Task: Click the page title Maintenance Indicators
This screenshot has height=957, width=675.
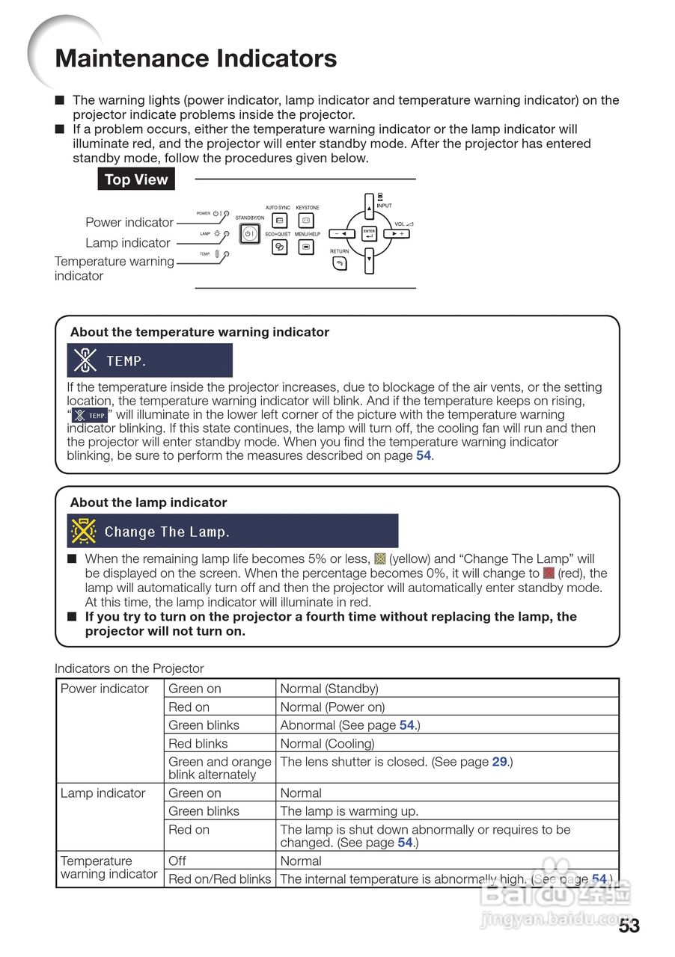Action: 196,59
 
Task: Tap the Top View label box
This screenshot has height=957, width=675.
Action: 136,179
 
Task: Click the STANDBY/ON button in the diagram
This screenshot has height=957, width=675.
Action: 249,234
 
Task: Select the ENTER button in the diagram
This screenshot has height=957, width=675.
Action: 369,234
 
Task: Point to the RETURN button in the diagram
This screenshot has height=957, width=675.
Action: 340,263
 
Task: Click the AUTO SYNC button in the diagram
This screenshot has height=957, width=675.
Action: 279,221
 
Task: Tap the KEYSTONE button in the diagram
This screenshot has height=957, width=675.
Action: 307,221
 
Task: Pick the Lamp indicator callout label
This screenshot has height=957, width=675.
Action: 128,243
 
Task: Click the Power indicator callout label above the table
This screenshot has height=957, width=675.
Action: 129,222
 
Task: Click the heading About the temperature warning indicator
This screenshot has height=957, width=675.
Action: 200,332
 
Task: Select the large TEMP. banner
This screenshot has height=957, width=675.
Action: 150,361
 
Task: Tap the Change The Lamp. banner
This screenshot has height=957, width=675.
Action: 232,532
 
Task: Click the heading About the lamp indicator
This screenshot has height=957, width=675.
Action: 148,502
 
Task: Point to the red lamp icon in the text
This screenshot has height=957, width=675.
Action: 549,573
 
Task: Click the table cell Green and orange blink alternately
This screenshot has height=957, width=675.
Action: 220,768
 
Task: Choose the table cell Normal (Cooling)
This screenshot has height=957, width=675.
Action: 327,743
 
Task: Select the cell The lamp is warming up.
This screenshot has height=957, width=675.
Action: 349,811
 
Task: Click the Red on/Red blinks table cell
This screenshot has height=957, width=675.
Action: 219,879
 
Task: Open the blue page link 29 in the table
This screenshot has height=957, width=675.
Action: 500,762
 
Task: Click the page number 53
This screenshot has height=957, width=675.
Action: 629,926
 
